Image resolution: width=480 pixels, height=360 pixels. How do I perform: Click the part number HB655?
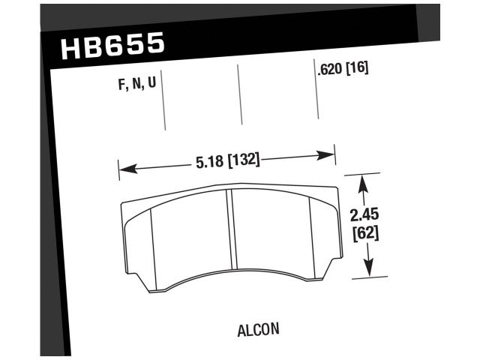point(112,46)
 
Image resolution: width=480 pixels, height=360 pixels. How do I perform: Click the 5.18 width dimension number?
point(209,160)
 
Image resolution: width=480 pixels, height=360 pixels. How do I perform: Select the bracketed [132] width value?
point(242,160)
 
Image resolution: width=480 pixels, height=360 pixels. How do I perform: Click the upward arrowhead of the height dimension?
point(364,182)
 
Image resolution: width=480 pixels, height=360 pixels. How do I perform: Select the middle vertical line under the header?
point(240,94)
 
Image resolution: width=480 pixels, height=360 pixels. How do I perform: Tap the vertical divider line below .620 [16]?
point(318,97)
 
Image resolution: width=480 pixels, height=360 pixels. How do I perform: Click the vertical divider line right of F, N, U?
point(164,105)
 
